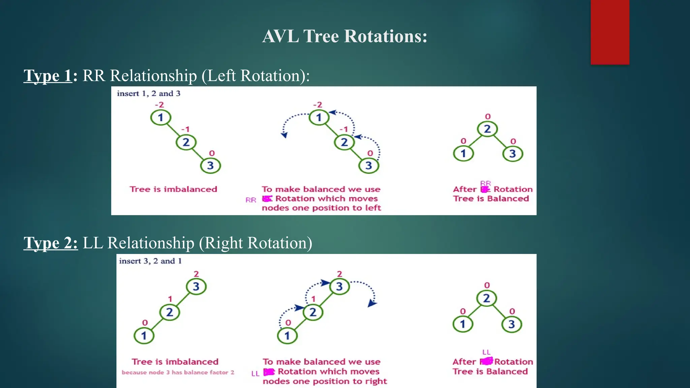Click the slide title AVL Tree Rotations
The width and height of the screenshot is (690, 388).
pyautogui.click(x=345, y=36)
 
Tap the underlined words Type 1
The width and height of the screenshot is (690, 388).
pyautogui.click(x=48, y=75)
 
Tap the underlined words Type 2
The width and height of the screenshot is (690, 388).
pyautogui.click(x=51, y=243)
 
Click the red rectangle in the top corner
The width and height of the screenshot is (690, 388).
pyautogui.click(x=610, y=32)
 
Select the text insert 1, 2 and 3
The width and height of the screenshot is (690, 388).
pyautogui.click(x=149, y=94)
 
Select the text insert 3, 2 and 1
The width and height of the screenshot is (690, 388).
pyautogui.click(x=150, y=261)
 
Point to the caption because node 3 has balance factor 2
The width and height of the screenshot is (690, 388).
pyautogui.click(x=178, y=373)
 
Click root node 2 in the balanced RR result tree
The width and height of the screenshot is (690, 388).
pyautogui.click(x=487, y=129)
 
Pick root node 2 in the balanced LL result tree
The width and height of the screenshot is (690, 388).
pyautogui.click(x=486, y=298)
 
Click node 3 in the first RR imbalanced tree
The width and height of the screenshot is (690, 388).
pyautogui.click(x=210, y=166)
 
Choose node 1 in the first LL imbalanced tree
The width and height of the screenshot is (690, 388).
pyautogui.click(x=144, y=336)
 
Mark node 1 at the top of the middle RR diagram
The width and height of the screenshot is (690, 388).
pyautogui.click(x=319, y=118)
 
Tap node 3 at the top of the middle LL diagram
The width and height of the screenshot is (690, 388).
pyautogui.click(x=339, y=287)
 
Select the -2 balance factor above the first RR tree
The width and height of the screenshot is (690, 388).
pyautogui.click(x=159, y=105)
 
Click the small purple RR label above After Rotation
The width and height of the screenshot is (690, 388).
pyautogui.click(x=485, y=183)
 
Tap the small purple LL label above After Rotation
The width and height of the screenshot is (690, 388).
pyautogui.click(x=486, y=352)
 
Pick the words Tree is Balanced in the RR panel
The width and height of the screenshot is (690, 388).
pyautogui.click(x=491, y=199)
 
